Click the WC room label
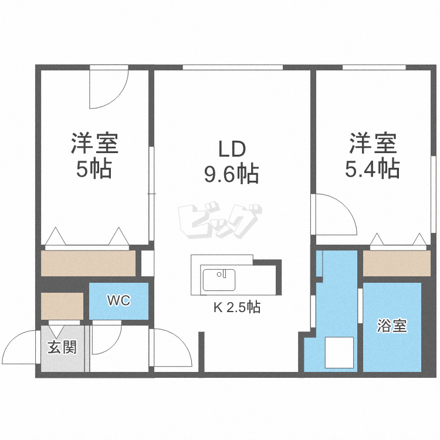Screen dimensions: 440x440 119,301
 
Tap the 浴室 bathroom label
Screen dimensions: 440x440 392,326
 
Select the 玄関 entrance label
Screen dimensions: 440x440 62,347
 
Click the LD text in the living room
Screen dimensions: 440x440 232,150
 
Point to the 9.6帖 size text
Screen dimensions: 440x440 232,174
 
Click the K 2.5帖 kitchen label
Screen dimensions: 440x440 237,307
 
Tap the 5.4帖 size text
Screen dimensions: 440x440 373,169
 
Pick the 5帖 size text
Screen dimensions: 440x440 94,170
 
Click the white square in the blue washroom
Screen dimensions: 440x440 339,352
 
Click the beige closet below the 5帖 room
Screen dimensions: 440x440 89,263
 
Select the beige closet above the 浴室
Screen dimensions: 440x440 397,263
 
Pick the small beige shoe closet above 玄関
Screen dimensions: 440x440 62,306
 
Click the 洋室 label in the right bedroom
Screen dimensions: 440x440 373,143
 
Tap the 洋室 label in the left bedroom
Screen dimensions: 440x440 95,143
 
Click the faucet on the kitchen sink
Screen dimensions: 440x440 221,273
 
